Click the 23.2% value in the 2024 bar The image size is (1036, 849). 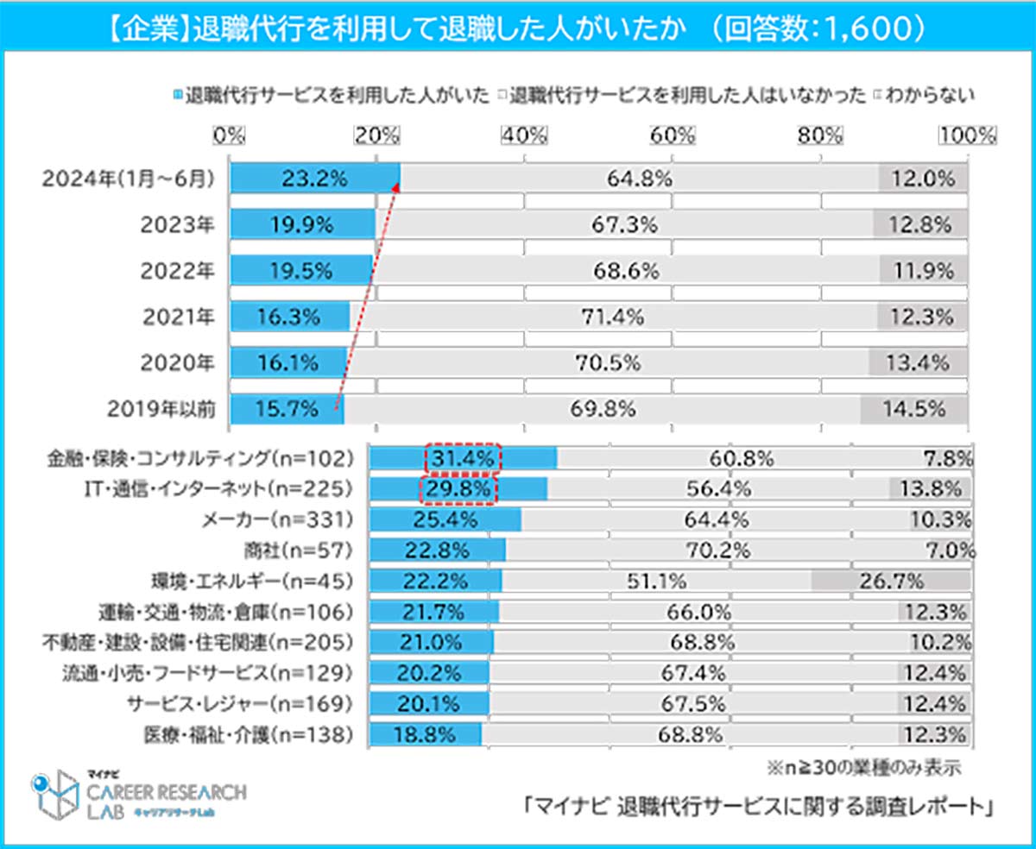pos(313,179)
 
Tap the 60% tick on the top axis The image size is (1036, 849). pos(673,135)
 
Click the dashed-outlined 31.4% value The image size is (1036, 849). pos(463,458)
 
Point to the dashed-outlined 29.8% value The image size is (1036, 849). pos(459,489)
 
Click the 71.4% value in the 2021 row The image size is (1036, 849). pos(612,317)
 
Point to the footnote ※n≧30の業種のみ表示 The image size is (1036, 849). pos(863,766)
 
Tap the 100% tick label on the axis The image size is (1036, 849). pos(968,135)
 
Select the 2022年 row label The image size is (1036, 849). pos(179,271)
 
